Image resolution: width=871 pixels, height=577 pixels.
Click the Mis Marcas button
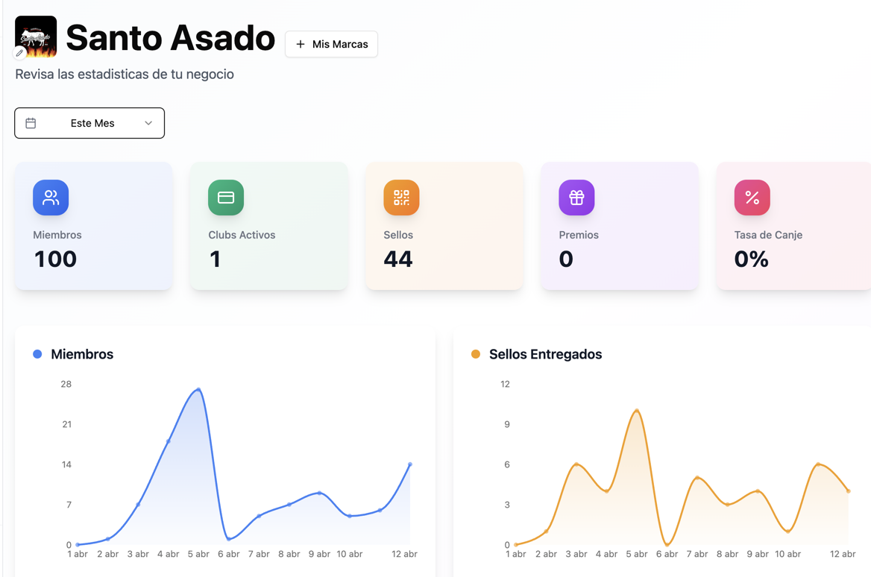331,45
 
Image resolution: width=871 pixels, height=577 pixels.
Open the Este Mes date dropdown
89,123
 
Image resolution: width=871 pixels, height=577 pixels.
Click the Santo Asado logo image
36,37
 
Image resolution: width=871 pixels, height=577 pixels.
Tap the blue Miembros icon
51,198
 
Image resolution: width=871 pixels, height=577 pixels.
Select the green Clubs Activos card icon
226,198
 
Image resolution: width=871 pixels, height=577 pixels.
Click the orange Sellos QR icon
401,198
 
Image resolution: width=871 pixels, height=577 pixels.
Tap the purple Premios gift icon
576,198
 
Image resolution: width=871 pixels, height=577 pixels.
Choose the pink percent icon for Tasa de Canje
752,198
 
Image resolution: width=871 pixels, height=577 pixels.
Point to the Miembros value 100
55,259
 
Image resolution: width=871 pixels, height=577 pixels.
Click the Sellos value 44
397,259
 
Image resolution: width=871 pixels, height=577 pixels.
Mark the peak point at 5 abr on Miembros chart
198,390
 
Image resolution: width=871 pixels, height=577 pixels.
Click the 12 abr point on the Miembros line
410,464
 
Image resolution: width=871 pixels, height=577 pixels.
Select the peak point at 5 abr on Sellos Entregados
637,411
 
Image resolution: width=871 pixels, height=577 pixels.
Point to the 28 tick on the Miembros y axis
66,384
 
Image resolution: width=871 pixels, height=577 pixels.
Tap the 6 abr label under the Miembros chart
228,554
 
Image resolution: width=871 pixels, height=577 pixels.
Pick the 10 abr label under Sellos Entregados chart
787,554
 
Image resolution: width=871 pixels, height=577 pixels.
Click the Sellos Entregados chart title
545,354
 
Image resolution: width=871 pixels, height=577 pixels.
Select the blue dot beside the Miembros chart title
37,354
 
